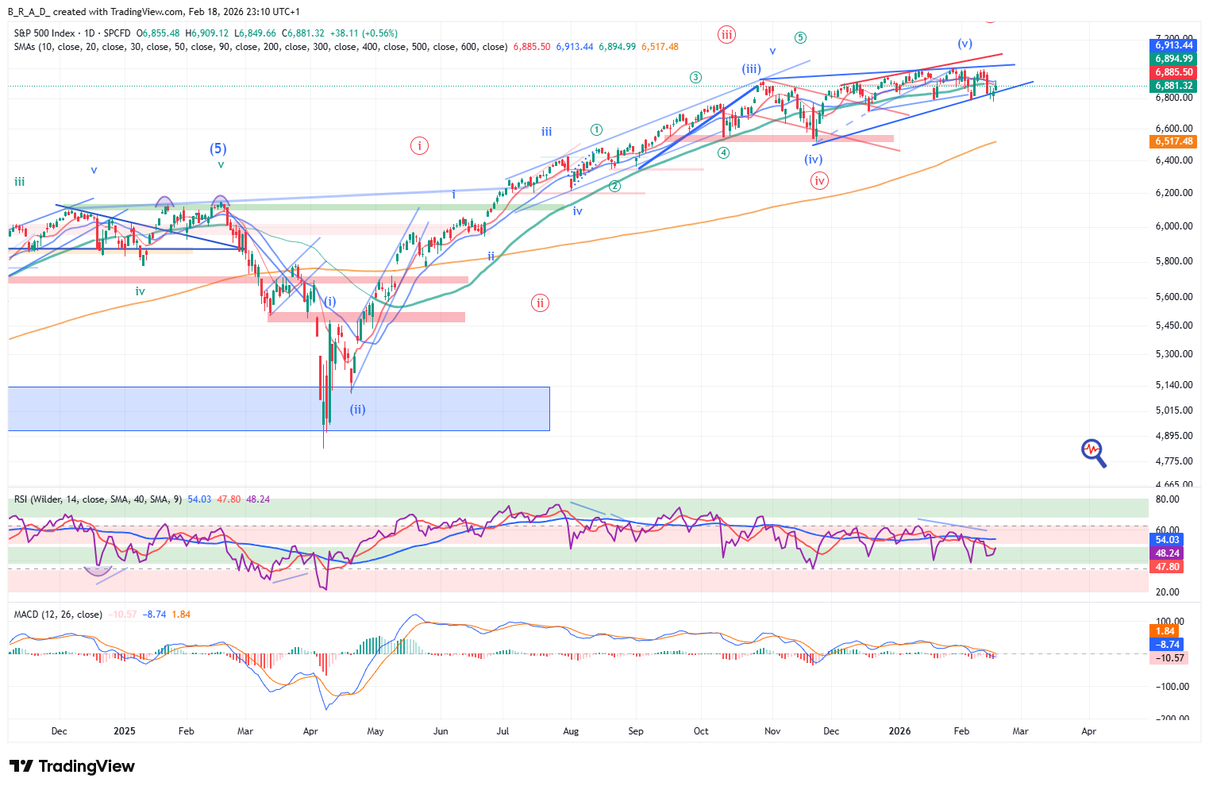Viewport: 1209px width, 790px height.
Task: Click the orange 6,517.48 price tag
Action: coord(1173,141)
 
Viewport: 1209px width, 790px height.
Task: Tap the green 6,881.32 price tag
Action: coord(1173,86)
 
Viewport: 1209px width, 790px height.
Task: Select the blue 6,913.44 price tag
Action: coord(1173,45)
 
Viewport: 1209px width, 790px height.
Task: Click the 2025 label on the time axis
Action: coord(125,731)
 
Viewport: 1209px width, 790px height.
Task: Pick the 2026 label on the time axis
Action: coord(899,731)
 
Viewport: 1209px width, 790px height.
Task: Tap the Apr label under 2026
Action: coord(1088,731)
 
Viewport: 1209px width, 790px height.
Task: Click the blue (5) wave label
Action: coord(218,148)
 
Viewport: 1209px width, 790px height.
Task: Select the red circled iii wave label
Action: coord(726,34)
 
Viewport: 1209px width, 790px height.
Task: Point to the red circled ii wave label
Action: coord(540,303)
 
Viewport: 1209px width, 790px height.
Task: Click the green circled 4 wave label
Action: coord(723,153)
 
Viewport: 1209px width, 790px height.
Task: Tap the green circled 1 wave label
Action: coord(596,129)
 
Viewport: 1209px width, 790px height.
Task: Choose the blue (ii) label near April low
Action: coord(358,410)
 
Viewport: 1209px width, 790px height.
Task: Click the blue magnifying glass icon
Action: coord(1094,453)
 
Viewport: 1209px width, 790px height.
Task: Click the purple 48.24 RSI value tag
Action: coord(1166,553)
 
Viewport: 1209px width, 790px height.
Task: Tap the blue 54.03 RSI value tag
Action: coord(1166,540)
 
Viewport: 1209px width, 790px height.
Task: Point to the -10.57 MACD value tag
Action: coord(1169,658)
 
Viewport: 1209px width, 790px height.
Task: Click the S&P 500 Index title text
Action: coord(44,33)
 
